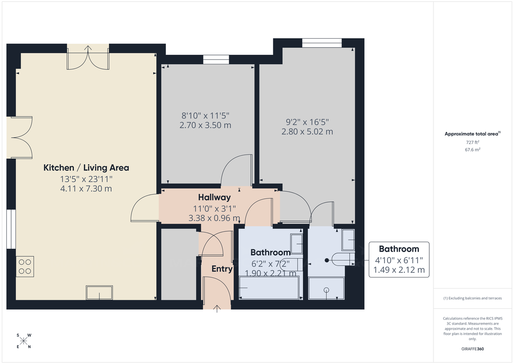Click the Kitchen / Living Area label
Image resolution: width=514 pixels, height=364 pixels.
86,168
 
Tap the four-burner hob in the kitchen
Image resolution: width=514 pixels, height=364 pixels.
25,265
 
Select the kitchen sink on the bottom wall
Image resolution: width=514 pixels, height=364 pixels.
99,292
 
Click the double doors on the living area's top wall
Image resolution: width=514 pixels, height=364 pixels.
88,57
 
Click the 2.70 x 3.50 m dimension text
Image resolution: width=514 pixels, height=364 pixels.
206,125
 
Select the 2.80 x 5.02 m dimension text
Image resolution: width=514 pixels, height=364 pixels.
307,132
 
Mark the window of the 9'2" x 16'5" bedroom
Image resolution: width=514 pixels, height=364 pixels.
321,43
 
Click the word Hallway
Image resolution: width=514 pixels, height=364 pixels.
214,198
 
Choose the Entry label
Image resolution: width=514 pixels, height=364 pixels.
222,269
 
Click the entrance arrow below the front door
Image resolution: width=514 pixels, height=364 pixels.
217,308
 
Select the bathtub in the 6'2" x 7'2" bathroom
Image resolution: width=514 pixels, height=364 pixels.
270,288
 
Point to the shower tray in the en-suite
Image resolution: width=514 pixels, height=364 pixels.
326,289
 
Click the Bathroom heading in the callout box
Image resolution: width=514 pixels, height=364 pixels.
399,249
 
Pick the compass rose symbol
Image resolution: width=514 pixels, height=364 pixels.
24,341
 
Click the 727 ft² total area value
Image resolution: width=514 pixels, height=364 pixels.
472,142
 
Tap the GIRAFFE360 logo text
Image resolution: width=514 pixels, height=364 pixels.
472,349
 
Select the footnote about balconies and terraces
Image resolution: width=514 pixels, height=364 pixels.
472,298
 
